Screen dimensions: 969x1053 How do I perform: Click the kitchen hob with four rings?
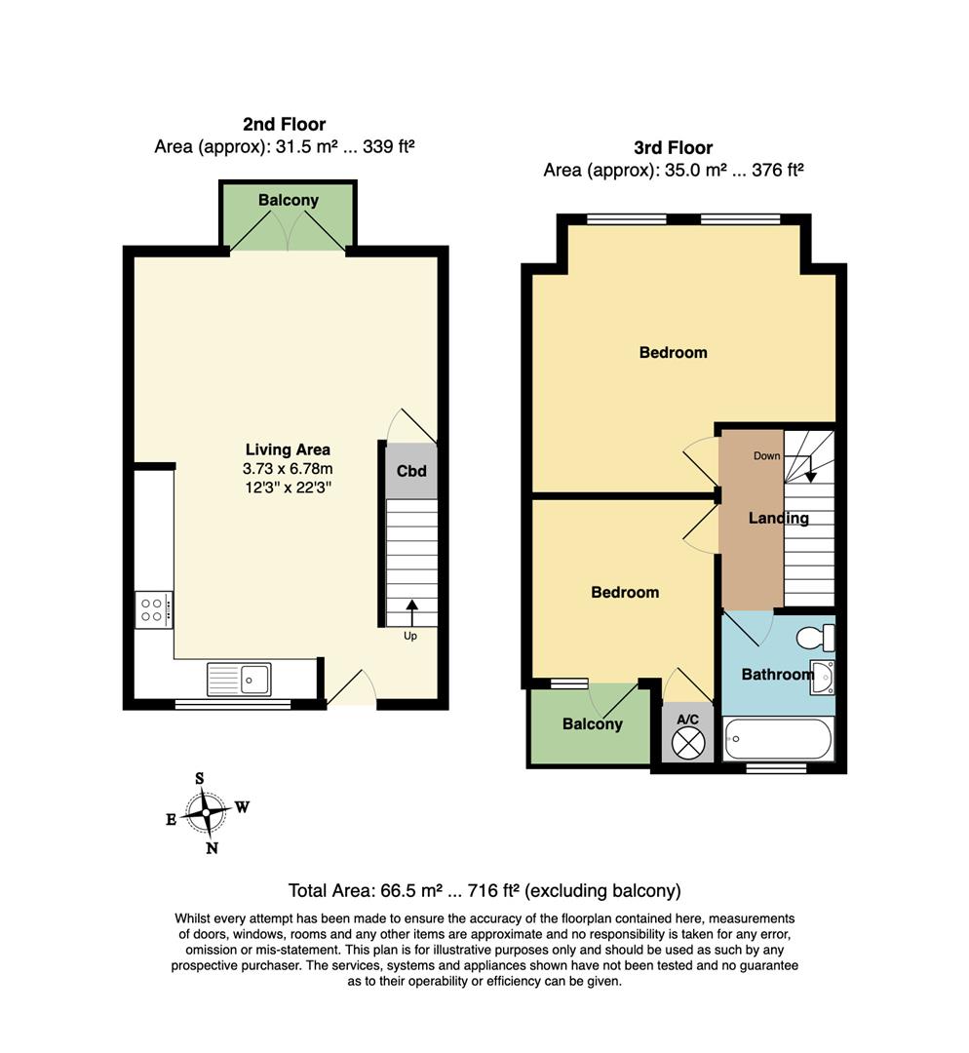click(x=154, y=609)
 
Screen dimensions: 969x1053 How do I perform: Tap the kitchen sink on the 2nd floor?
click(x=239, y=680)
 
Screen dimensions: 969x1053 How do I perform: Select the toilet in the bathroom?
click(x=815, y=638)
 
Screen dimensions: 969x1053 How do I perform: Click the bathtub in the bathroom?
click(x=778, y=739)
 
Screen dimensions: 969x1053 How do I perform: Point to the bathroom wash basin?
click(x=822, y=677)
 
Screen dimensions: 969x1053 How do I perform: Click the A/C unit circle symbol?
click(x=688, y=743)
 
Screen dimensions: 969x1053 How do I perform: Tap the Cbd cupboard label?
click(x=411, y=471)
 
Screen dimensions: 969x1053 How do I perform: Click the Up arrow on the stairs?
click(x=411, y=612)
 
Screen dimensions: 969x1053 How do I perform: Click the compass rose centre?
click(x=206, y=812)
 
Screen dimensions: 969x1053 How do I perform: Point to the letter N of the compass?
click(x=213, y=848)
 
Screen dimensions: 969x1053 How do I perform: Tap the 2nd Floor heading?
click(x=284, y=124)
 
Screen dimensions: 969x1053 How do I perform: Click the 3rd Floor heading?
click(x=673, y=148)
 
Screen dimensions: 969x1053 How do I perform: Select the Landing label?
click(x=778, y=518)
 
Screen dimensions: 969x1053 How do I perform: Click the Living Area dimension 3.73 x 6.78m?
click(x=288, y=469)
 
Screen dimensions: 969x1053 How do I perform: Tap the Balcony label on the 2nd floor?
click(x=289, y=200)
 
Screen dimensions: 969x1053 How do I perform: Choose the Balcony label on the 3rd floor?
click(x=593, y=723)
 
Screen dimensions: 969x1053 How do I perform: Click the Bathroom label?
click(x=777, y=675)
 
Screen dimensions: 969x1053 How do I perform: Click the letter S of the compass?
click(x=200, y=779)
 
